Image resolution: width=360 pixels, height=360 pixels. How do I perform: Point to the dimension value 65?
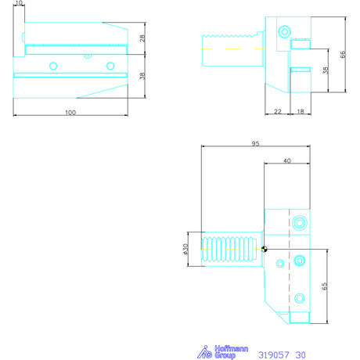click(323, 286)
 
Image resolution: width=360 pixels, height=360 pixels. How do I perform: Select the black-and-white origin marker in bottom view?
click(265, 250)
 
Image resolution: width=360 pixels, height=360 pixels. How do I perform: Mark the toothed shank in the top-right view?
click(230, 45)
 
